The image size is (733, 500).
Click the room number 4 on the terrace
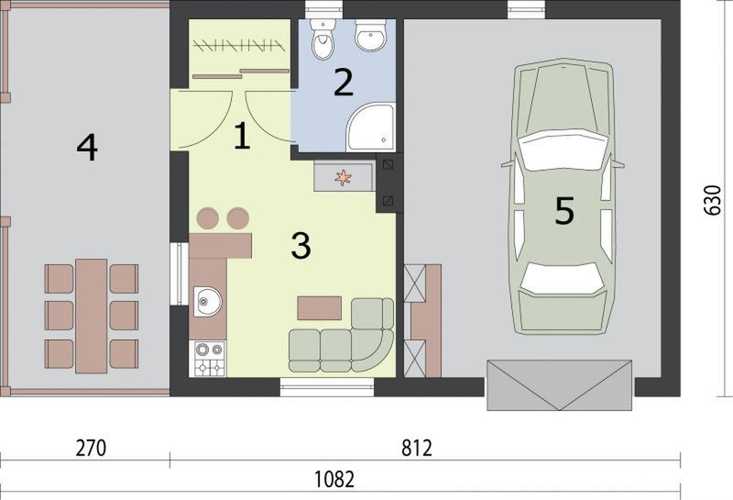[x=87, y=147]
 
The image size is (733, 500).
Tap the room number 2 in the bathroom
[x=343, y=83]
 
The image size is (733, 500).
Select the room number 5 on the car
[x=564, y=210]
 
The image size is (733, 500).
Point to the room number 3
[x=301, y=245]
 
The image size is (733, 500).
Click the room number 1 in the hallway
[x=242, y=136]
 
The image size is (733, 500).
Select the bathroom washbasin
[x=371, y=35]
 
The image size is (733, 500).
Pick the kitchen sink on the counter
[x=208, y=301]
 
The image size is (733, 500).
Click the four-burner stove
[x=208, y=359]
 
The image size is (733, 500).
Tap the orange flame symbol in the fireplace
[x=343, y=177]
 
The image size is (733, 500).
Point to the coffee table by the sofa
[x=319, y=307]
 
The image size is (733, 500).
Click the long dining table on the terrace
[x=91, y=316]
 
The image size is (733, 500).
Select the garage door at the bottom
[x=559, y=384]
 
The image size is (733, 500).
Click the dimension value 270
[x=91, y=448]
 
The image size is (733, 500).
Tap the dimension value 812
[x=417, y=448]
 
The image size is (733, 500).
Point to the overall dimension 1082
[x=334, y=480]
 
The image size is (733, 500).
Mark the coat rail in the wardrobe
[x=238, y=45]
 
